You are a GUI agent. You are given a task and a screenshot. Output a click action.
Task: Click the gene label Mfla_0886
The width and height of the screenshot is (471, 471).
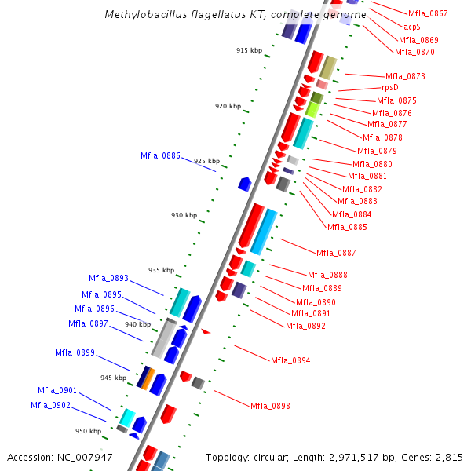160,155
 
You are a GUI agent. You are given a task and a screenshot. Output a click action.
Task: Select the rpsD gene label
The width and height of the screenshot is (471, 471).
390,88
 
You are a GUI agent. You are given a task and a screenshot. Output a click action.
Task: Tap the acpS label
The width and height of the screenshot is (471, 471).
412,27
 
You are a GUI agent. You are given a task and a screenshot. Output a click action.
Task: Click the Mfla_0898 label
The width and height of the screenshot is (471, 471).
270,406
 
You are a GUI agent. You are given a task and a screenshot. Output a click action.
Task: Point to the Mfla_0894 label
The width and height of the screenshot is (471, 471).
290,360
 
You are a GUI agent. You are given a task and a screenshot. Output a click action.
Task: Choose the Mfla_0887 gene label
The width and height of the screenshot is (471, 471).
336,253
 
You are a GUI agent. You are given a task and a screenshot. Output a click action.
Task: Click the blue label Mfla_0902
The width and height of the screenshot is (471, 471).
50,405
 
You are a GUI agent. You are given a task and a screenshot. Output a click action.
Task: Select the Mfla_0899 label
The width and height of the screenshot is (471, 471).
75,352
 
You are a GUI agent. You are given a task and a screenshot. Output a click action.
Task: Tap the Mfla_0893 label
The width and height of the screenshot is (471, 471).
108,278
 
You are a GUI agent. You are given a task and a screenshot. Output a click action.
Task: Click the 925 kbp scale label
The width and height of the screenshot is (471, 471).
206,161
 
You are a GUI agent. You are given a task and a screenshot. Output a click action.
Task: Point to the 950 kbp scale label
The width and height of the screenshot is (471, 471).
88,431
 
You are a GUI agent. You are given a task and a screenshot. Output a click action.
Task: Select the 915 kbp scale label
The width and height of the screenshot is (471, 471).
249,50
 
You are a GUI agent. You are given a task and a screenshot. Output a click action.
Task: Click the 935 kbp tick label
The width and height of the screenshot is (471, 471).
161,270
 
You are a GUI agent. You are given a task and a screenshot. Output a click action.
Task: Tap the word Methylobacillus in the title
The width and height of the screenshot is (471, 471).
142,15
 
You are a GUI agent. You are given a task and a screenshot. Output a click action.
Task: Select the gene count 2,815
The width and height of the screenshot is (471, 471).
449,457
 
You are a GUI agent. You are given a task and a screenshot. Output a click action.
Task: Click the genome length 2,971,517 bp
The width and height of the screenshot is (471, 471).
344,457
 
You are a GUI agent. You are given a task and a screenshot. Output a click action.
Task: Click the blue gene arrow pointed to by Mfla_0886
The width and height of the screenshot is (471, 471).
245,184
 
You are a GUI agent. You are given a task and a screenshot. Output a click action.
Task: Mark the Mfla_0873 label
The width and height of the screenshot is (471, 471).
405,76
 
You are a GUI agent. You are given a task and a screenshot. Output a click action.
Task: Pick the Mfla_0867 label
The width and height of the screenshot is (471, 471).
428,13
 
